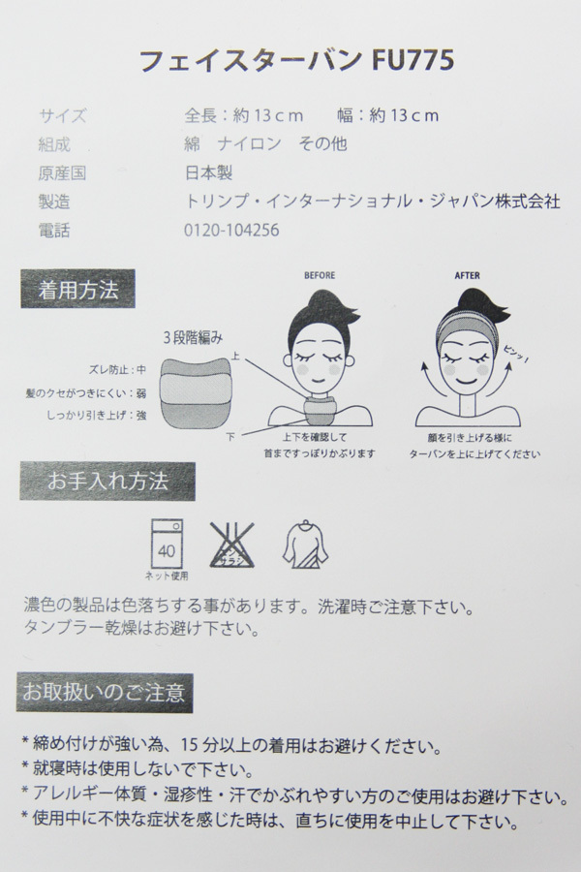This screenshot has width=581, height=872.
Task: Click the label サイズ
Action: coord(64,116)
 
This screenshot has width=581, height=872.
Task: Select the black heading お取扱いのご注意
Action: coord(107,693)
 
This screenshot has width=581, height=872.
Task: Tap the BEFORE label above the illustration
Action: coord(319,275)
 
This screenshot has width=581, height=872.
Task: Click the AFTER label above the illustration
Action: coord(467,275)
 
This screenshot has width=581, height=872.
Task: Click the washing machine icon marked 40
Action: coord(168,541)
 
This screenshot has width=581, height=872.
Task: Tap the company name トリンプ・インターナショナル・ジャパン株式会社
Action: coord(372,203)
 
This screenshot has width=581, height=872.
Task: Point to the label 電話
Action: coord(55,232)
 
